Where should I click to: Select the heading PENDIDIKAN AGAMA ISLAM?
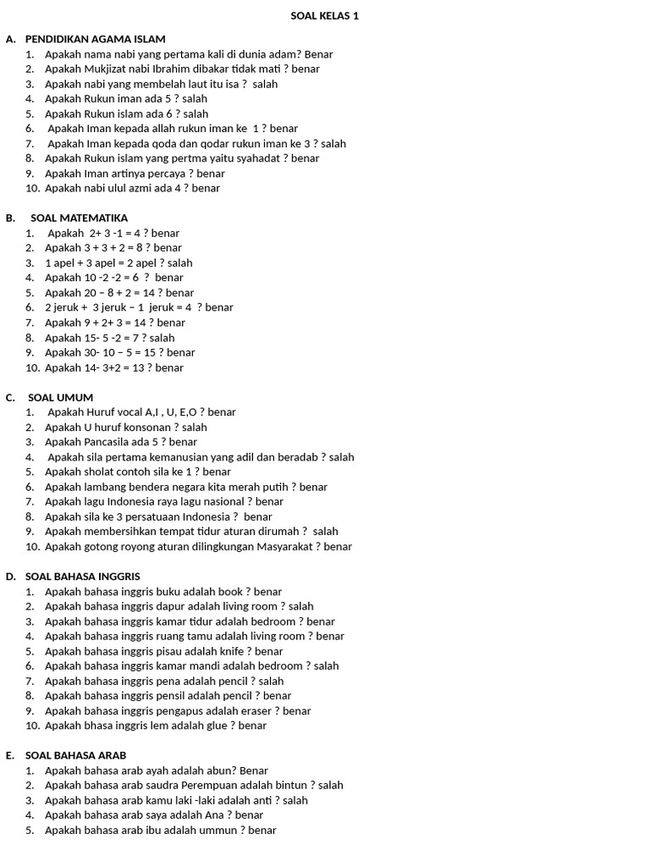coord(96,39)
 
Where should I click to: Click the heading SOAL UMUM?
coord(61,397)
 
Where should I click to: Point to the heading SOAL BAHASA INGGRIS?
coord(83,577)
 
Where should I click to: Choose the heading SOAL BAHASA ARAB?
coord(76,755)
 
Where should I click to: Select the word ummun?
coord(218,831)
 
